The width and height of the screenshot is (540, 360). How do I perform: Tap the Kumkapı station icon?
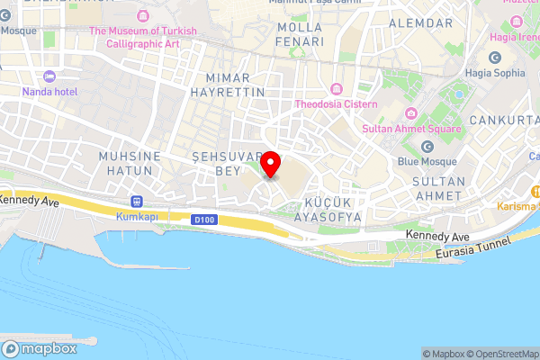click(136, 202)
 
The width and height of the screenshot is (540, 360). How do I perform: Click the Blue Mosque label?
click(427, 162)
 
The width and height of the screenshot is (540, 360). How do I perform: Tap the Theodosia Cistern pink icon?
click(336, 88)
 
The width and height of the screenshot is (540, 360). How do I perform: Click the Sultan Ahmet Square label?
click(410, 129)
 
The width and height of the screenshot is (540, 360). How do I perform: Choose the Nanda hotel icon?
click(49, 76)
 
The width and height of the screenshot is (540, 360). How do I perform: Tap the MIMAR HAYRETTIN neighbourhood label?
click(229, 84)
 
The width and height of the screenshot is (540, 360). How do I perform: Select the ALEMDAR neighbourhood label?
click(420, 22)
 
